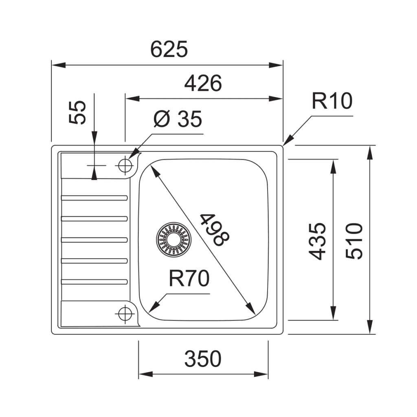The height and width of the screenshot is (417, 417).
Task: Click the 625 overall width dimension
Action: [169, 50]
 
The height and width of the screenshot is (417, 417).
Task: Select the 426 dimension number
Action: [203, 83]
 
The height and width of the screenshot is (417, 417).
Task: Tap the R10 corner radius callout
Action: [332, 101]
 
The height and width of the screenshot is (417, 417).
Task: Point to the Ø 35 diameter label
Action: [178, 120]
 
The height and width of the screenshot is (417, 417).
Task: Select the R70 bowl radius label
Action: [189, 279]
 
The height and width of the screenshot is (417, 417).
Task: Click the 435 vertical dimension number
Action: [317, 241]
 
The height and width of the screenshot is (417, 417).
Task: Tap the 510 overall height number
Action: [354, 241]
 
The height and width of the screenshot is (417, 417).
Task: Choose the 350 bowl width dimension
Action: [203, 359]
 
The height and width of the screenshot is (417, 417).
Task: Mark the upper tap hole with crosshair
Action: [124, 165]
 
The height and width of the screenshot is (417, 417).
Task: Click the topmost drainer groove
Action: [94, 198]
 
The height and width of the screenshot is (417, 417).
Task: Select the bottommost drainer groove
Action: [94, 281]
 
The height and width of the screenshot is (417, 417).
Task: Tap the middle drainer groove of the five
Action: [94, 239]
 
